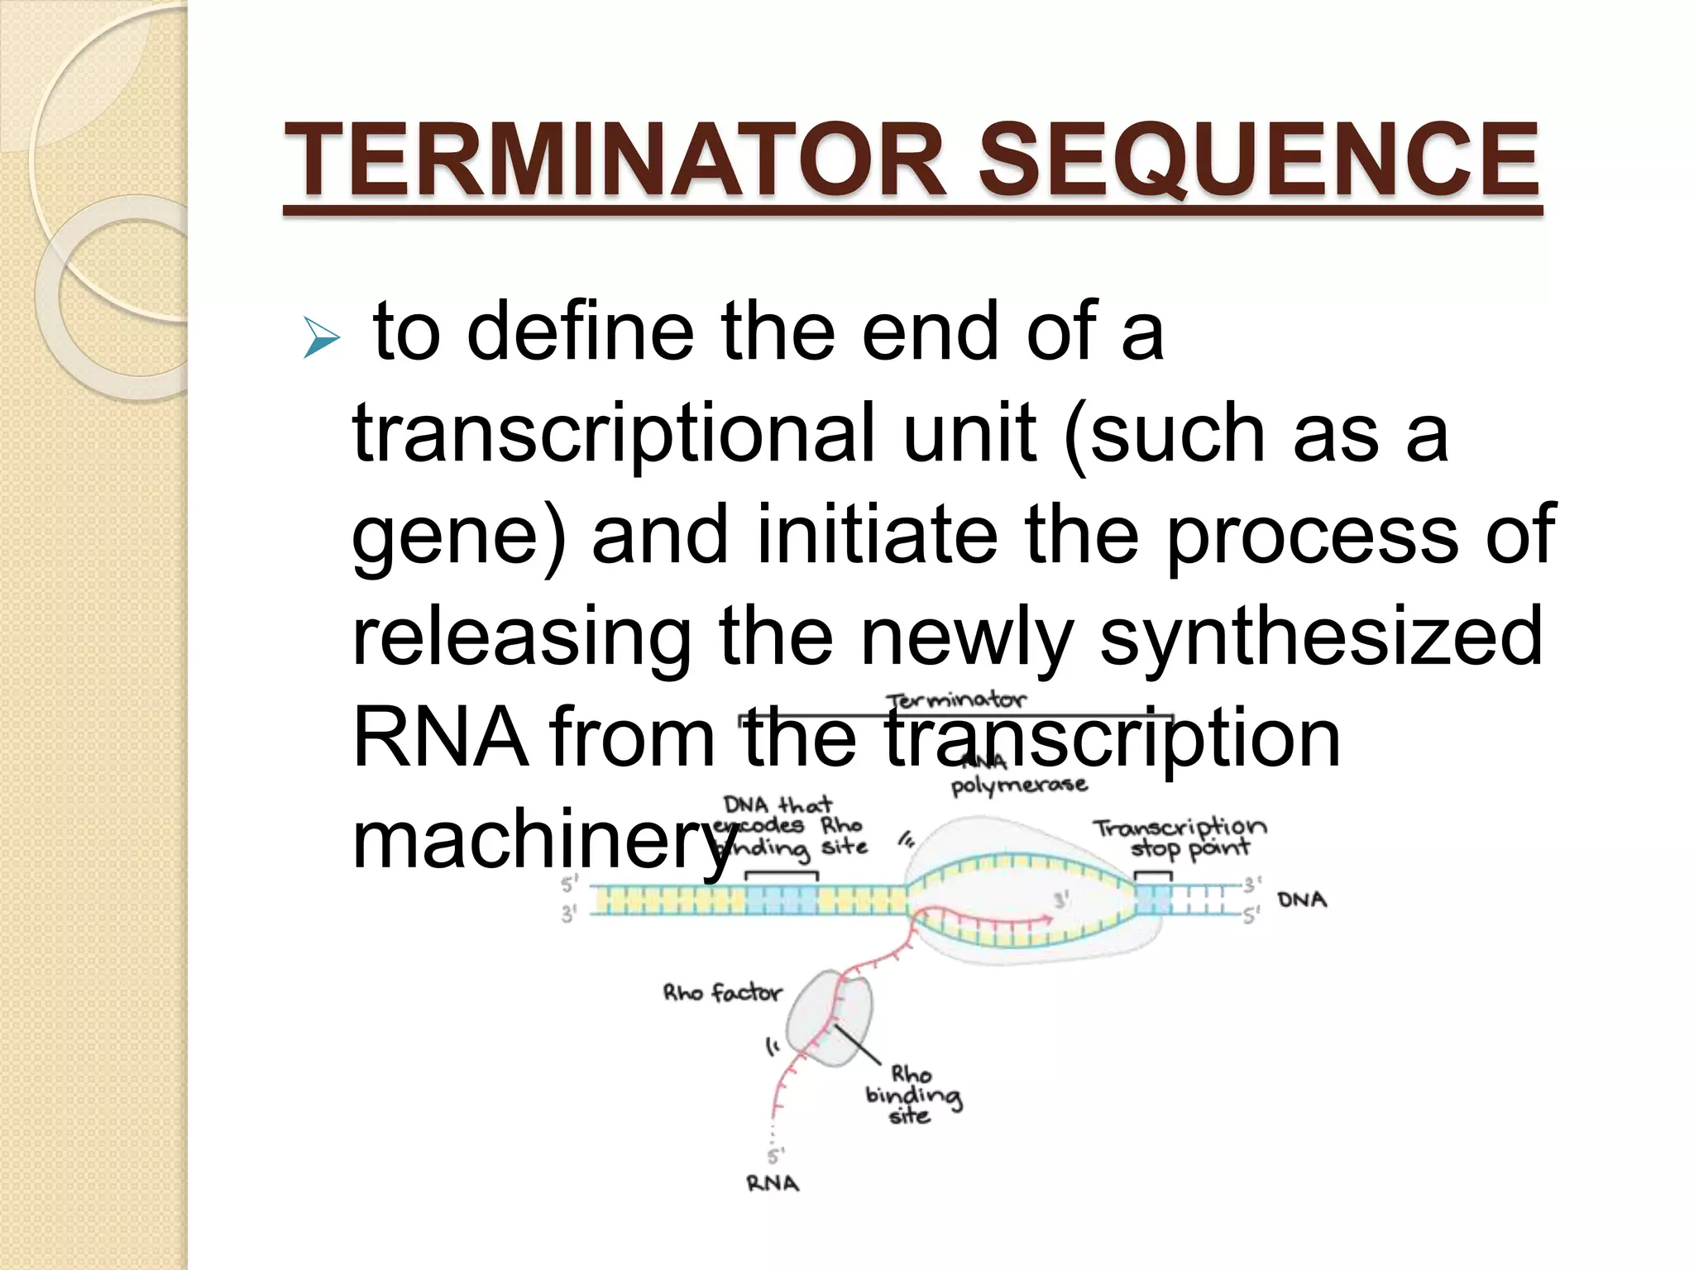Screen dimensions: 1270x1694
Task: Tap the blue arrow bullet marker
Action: pos(321,338)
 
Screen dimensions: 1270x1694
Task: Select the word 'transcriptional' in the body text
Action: pos(613,434)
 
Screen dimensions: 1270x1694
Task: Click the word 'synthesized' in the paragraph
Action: pos(1321,635)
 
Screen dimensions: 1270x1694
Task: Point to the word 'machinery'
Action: pos(542,839)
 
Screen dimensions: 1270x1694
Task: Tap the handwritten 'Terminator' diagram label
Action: pos(955,700)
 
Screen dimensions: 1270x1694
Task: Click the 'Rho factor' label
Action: pos(722,992)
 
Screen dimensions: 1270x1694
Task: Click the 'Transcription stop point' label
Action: pos(1180,838)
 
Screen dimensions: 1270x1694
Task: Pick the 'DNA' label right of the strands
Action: pos(1302,900)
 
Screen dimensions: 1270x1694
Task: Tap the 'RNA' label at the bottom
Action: pos(773,1183)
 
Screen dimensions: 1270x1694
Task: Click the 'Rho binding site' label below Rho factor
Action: pos(912,1095)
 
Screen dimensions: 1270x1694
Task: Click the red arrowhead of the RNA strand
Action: pos(1048,918)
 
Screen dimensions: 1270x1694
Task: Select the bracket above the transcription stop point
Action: pos(1152,875)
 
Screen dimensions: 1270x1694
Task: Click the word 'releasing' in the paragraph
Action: pos(522,635)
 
